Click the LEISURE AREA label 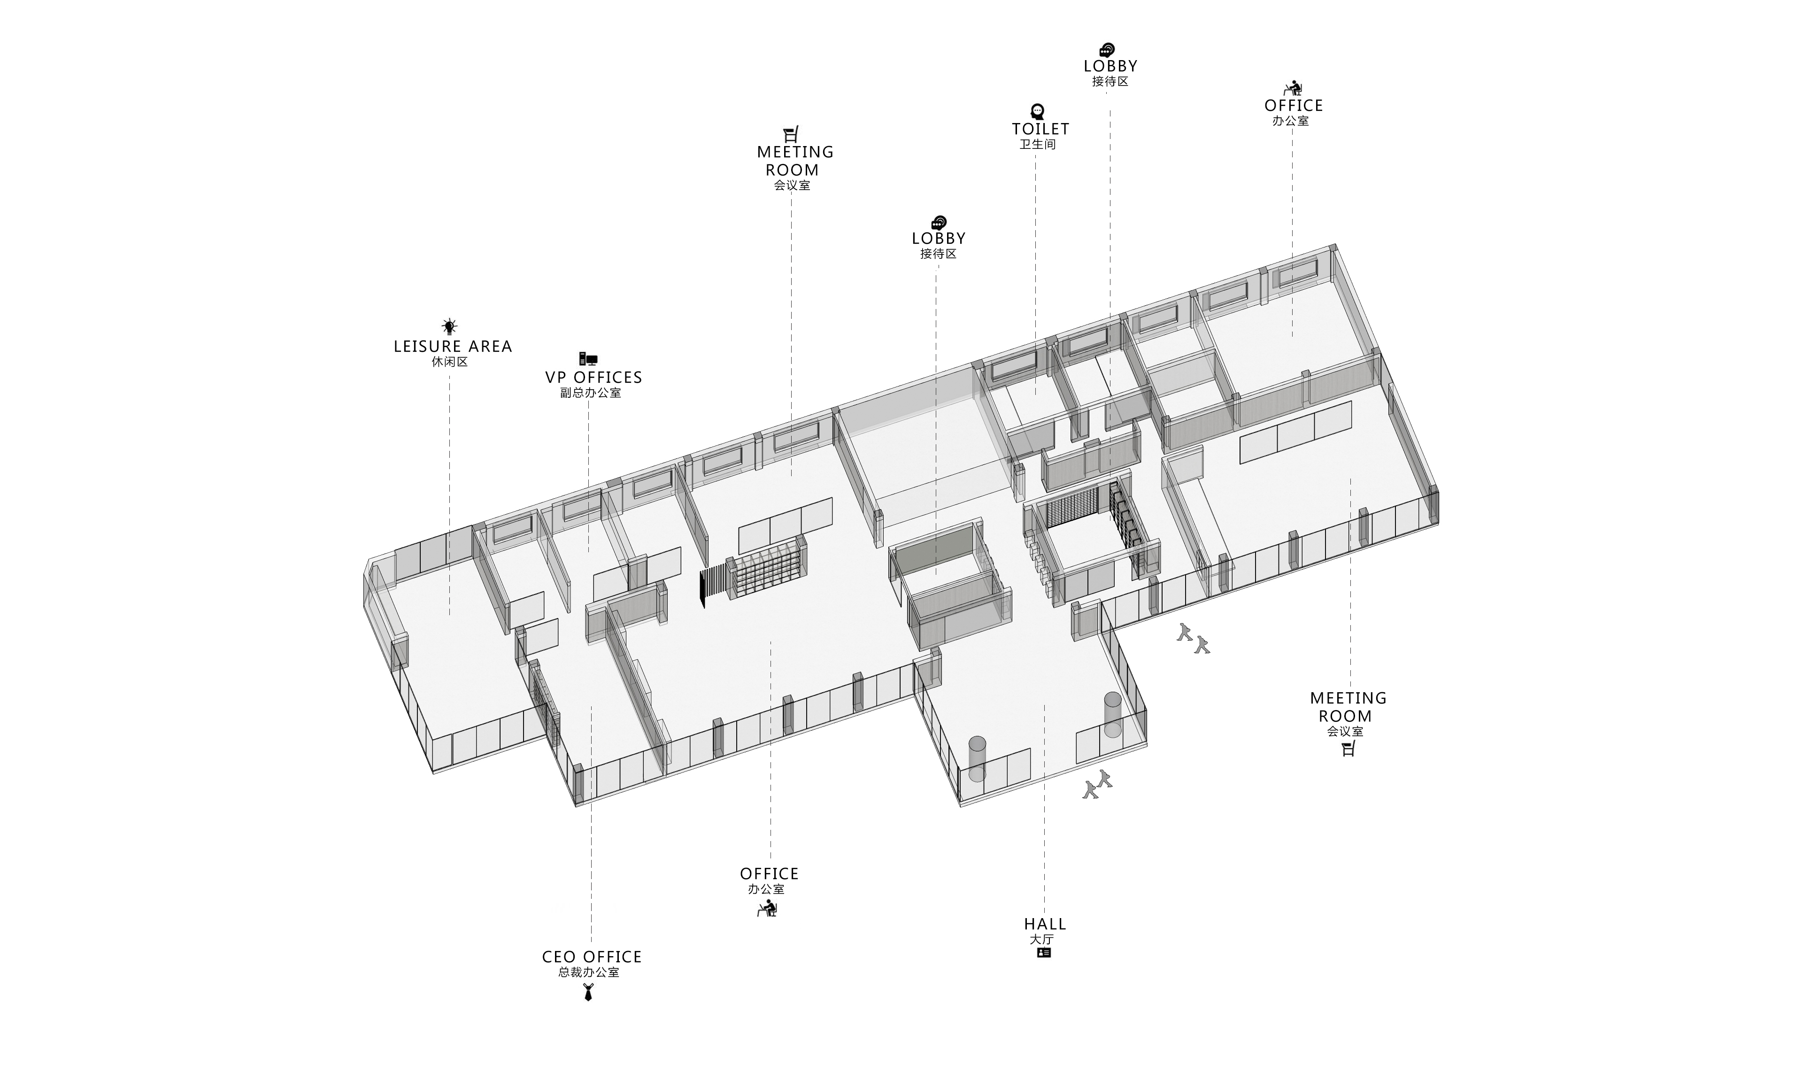[x=453, y=346]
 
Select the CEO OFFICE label [x=592, y=957]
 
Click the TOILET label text [x=1040, y=129]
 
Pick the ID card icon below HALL [x=1044, y=952]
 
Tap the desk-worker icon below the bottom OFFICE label [x=767, y=908]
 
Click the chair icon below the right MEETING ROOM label [x=1348, y=748]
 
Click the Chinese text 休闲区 [x=450, y=362]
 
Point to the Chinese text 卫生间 [x=1038, y=144]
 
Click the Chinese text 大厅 [x=1042, y=939]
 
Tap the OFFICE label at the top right [x=1294, y=106]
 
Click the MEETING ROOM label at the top [x=795, y=161]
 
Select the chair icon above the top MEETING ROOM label [x=792, y=134]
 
